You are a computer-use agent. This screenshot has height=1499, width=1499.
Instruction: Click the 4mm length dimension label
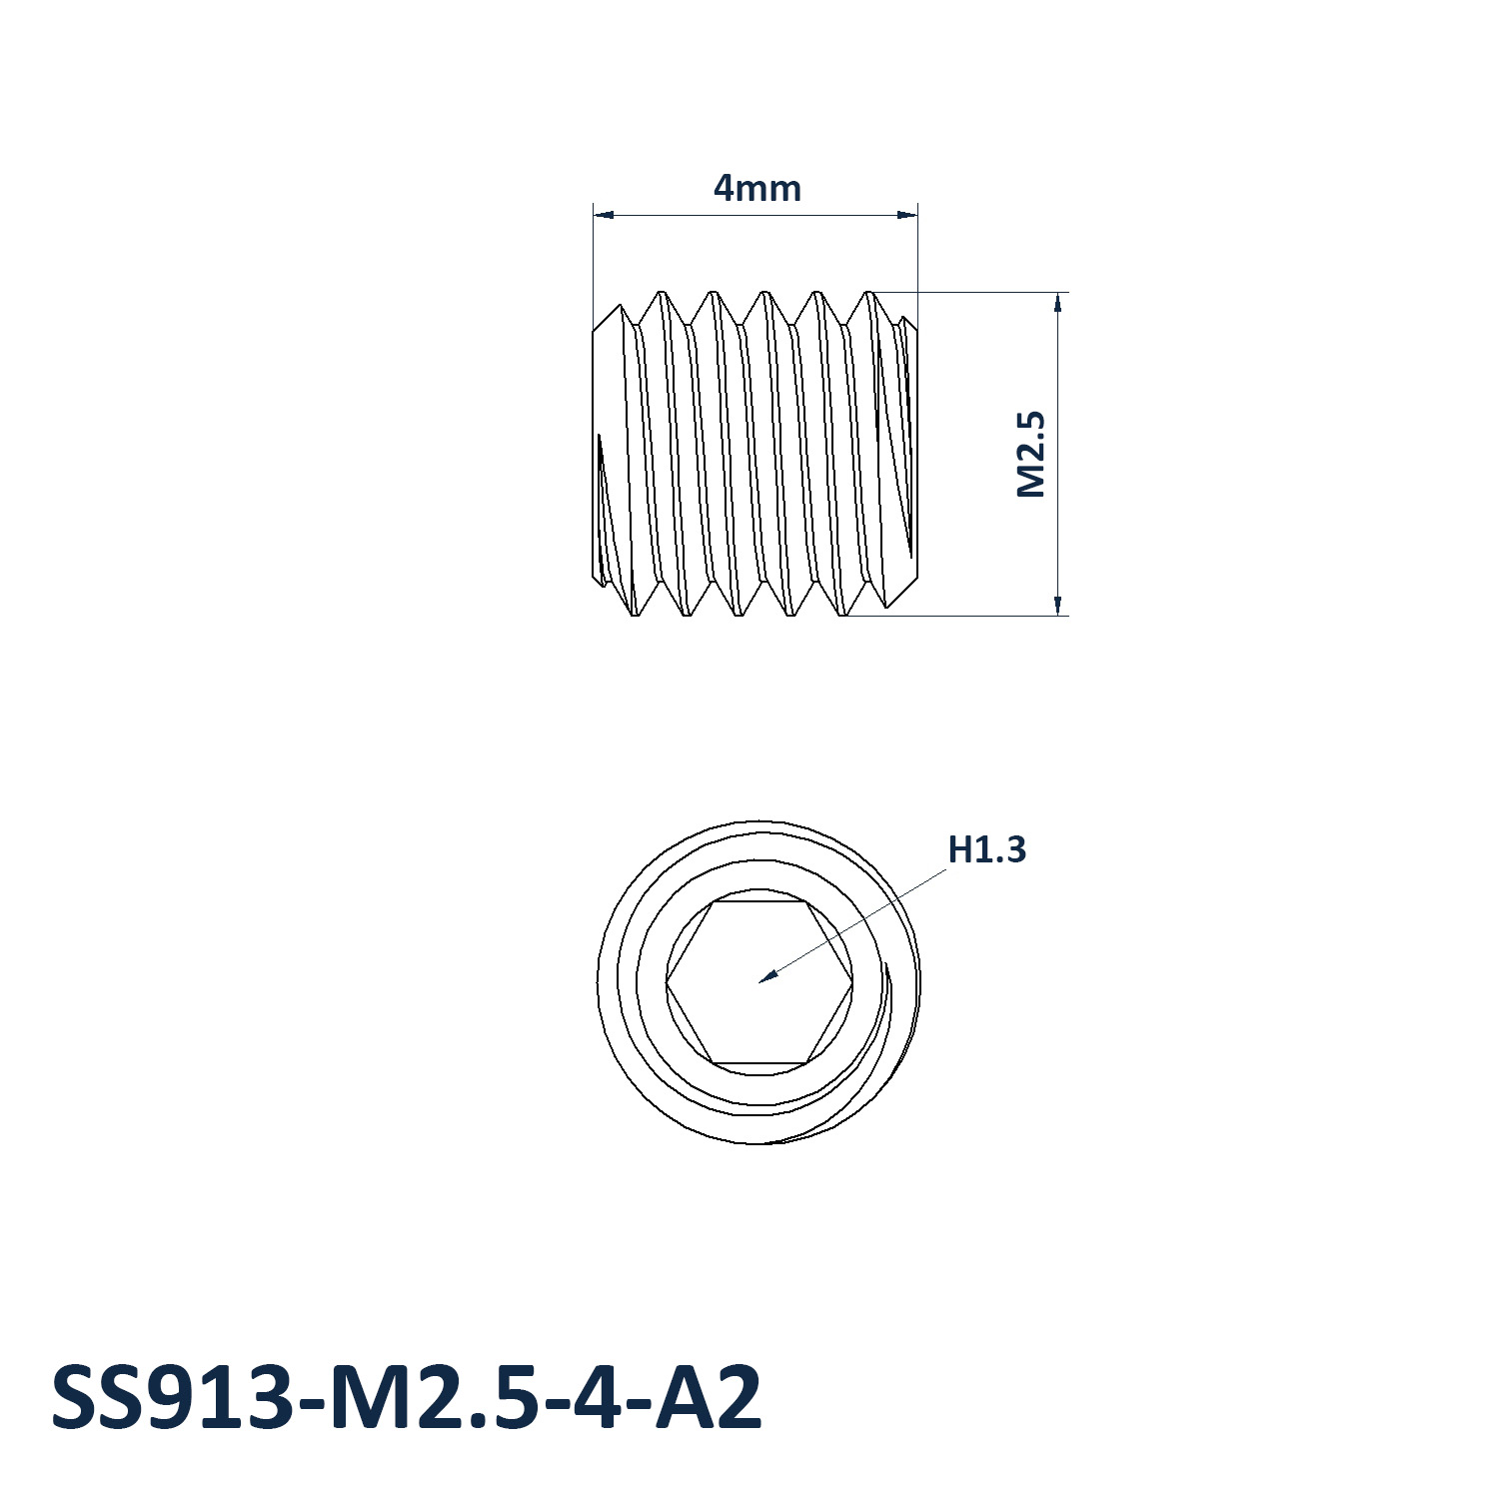756,188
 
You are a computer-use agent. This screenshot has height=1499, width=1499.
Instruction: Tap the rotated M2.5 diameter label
1030,454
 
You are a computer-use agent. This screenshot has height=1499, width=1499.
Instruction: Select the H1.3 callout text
986,849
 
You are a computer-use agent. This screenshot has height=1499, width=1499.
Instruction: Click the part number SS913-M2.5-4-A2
407,1396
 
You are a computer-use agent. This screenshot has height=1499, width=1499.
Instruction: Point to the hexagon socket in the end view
759,982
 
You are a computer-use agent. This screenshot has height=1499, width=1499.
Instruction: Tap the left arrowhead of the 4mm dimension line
603,214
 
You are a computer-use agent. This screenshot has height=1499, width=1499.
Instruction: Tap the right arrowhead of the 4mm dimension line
907,214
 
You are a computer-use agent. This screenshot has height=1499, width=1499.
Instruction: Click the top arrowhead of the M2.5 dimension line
1057,302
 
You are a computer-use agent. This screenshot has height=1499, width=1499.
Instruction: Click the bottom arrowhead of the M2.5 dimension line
1057,606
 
